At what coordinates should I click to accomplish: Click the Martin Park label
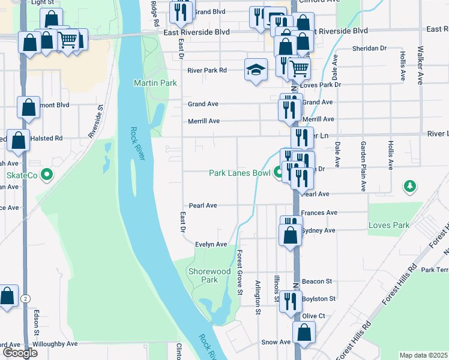155,83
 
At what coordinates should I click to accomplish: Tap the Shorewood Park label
209,275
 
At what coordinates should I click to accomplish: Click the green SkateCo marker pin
48,175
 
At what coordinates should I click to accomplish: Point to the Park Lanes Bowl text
240,173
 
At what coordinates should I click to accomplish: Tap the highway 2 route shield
25,298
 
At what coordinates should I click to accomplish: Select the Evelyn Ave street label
211,244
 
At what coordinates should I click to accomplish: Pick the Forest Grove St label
239,272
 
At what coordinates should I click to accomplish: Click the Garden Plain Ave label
363,167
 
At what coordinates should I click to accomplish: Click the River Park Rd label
207,70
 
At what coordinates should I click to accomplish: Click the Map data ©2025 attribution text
423,355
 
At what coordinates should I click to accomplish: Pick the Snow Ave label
276,342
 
